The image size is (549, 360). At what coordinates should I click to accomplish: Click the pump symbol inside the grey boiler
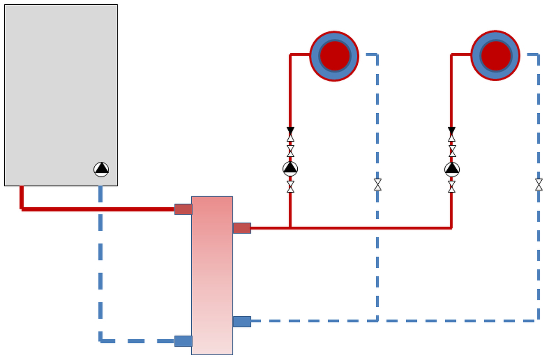tap(101, 169)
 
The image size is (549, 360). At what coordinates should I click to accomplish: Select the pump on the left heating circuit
tap(290, 168)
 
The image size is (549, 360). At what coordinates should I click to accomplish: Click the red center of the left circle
tap(334, 56)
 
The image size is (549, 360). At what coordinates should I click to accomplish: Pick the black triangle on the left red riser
tap(290, 130)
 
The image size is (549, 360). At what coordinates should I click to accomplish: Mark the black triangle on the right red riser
tap(452, 130)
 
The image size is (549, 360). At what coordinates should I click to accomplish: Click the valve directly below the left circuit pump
tap(290, 186)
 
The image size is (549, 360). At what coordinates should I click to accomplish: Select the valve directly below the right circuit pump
tap(452, 186)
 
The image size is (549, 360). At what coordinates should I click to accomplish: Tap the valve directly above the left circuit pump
tap(290, 151)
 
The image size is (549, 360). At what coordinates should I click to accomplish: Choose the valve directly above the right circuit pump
tap(452, 151)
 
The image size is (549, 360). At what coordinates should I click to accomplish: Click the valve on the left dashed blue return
tap(377, 185)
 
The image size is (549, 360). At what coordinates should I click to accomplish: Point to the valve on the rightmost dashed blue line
tap(539, 185)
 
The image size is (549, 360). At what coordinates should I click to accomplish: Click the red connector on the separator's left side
tap(183, 209)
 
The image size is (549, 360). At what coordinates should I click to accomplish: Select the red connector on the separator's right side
tap(242, 228)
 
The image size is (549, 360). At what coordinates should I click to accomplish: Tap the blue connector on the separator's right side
tap(242, 321)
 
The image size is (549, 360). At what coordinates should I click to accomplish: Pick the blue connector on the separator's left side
tap(183, 341)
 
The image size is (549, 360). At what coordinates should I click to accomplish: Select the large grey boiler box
tap(61, 86)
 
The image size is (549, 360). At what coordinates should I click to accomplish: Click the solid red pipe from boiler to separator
tap(99, 209)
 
